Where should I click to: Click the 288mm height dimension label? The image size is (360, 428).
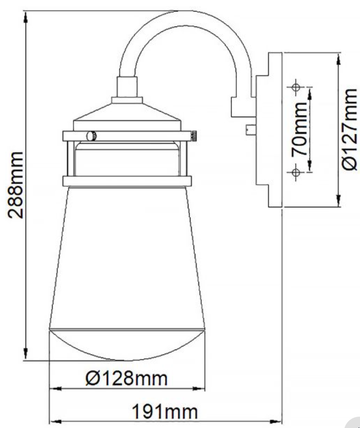pos(16,185)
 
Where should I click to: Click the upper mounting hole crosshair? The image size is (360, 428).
pos(296,87)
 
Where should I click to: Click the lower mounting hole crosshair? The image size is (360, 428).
pos(296,172)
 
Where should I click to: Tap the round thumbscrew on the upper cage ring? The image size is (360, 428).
pos(92,136)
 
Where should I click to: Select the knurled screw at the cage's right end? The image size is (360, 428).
pos(194,136)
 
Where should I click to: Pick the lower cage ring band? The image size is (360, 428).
pos(127,181)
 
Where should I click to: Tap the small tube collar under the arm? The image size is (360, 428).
pos(127,87)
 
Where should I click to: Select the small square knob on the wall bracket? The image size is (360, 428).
pos(250,129)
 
